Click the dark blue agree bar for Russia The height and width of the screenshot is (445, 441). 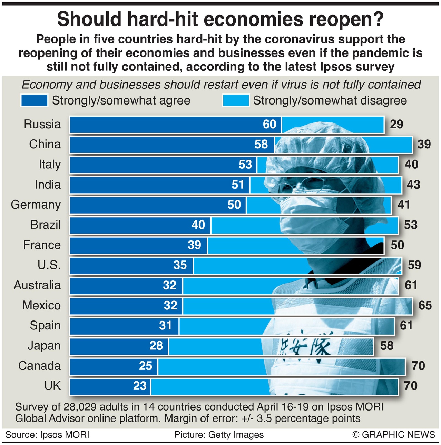[x=166, y=125]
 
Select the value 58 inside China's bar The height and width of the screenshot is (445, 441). [x=261, y=144]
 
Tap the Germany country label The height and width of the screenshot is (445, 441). [x=36, y=205]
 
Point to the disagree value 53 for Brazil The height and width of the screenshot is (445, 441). [x=411, y=225]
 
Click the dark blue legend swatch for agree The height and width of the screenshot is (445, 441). [x=34, y=100]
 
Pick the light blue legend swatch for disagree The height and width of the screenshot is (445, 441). [x=236, y=100]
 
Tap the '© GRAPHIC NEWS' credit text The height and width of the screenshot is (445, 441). [x=394, y=435]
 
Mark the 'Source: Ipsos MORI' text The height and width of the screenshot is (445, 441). [x=47, y=435]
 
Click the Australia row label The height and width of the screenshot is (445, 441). [x=37, y=285]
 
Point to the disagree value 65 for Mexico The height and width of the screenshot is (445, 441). [x=425, y=305]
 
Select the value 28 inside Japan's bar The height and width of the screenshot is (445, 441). [x=156, y=346]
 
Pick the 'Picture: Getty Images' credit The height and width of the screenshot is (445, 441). [x=219, y=435]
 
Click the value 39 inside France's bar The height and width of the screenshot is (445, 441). [x=194, y=245]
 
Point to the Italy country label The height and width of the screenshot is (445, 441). [x=50, y=165]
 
